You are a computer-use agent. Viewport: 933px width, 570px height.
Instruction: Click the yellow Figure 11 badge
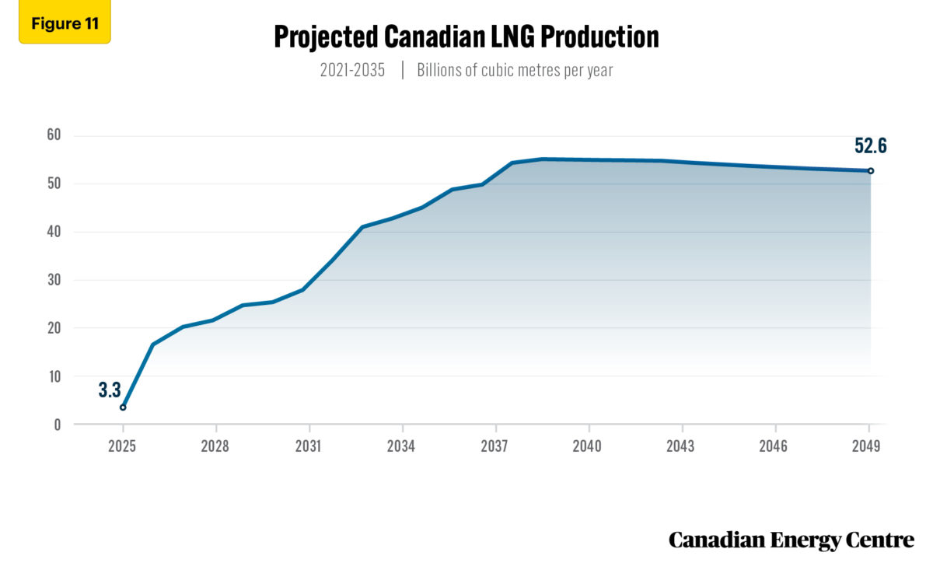(x=65, y=23)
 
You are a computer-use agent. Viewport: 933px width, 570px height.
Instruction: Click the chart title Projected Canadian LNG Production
(x=466, y=37)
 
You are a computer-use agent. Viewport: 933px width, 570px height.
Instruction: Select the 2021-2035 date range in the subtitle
(x=352, y=70)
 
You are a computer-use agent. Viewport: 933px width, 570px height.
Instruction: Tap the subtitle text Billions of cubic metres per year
(x=515, y=70)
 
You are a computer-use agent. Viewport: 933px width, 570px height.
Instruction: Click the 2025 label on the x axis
(x=122, y=446)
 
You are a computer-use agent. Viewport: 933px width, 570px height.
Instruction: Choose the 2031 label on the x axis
(x=309, y=446)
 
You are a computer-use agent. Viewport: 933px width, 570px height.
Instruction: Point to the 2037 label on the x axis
(x=494, y=446)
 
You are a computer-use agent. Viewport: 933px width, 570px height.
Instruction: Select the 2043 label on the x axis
(x=681, y=446)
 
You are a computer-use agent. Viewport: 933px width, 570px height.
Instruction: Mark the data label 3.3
(x=110, y=390)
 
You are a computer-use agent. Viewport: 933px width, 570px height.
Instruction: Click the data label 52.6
(x=869, y=146)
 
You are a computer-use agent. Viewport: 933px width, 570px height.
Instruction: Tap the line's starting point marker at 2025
(x=123, y=407)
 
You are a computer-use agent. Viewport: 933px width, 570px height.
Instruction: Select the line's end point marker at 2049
(x=871, y=171)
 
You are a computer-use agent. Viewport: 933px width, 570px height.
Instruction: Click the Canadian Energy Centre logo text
(x=791, y=540)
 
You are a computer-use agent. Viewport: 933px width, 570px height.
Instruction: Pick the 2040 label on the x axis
(x=588, y=446)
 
